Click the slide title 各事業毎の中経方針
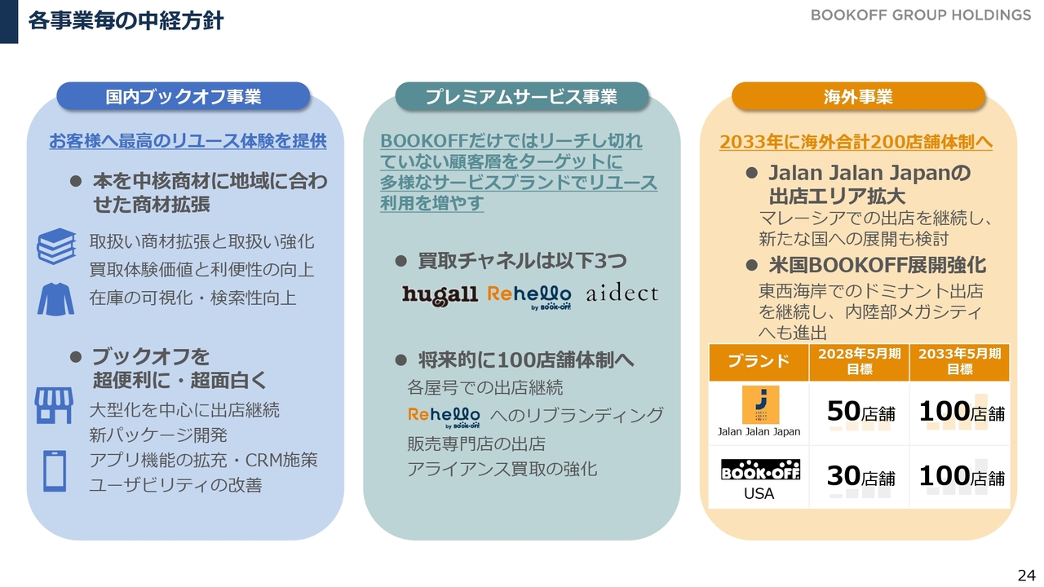(126, 21)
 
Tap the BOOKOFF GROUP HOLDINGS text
(921, 15)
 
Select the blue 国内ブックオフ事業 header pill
(184, 96)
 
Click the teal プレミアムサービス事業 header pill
(521, 96)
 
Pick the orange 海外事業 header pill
(858, 96)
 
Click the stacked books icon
(56, 246)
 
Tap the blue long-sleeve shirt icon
(55, 299)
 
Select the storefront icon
(54, 405)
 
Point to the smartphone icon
(55, 471)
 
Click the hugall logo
(440, 295)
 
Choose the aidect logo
(622, 293)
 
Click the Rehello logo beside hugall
(529, 297)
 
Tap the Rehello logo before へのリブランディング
(444, 417)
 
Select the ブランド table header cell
(759, 362)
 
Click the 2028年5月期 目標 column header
(859, 362)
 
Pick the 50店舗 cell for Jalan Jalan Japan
(860, 412)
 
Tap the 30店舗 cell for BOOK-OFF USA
(860, 477)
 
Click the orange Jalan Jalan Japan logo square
(760, 405)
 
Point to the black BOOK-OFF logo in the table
(760, 470)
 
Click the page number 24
(1026, 575)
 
